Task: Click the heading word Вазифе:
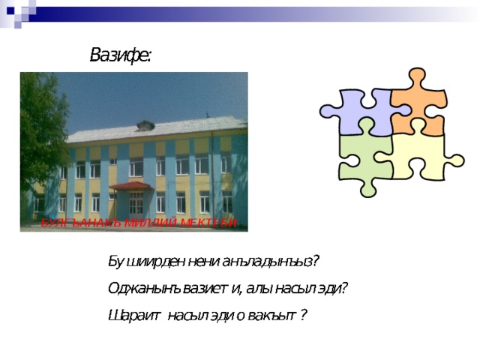pyautogui.click(x=120, y=55)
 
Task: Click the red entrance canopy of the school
pyautogui.click(x=130, y=186)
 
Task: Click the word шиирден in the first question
pyautogui.click(x=149, y=261)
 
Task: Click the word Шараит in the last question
pyautogui.click(x=132, y=315)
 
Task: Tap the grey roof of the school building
pyautogui.click(x=157, y=129)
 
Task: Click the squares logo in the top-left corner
pyautogui.click(x=18, y=12)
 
